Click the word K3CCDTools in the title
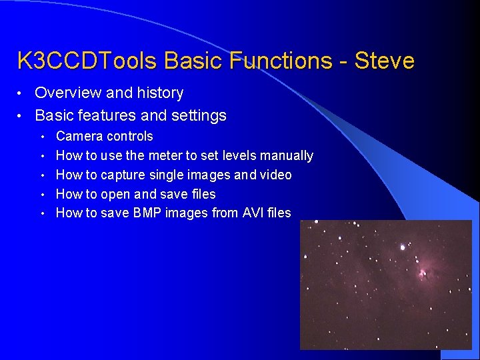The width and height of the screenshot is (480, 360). pyautogui.click(x=87, y=60)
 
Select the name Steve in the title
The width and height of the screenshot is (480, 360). pyautogui.click(x=385, y=60)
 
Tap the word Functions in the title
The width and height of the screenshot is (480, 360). pyautogui.click(x=281, y=60)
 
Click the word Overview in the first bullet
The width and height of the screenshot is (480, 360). pyautogui.click(x=68, y=93)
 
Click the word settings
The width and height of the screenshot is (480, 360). pyautogui.click(x=199, y=116)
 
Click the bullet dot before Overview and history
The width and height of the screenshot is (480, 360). pyautogui.click(x=19, y=93)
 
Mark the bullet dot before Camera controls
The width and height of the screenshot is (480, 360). pyautogui.click(x=43, y=137)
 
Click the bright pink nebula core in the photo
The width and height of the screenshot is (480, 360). pyautogui.click(x=423, y=272)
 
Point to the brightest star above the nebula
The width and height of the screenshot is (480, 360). pyautogui.click(x=403, y=247)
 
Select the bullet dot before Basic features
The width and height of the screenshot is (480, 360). pyautogui.click(x=19, y=116)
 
